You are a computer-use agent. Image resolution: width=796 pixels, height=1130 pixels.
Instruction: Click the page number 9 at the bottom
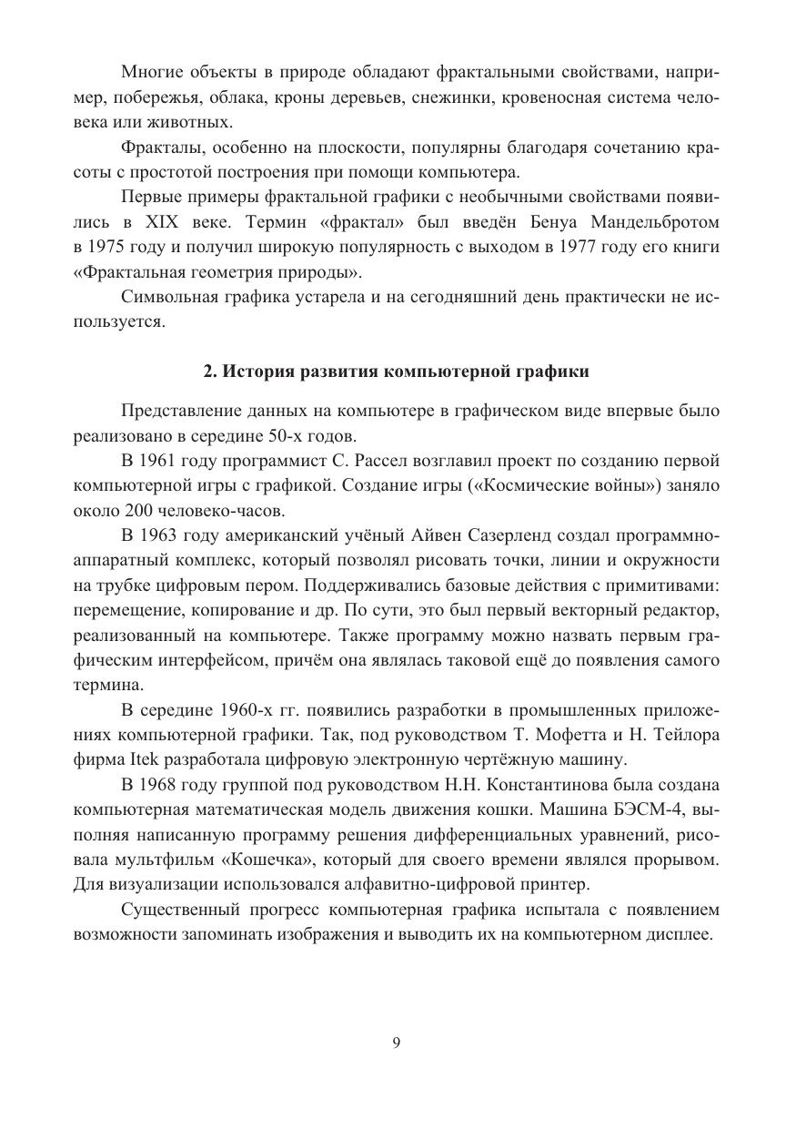(397, 1044)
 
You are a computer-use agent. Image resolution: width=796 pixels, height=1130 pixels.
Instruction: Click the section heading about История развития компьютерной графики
(396, 372)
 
